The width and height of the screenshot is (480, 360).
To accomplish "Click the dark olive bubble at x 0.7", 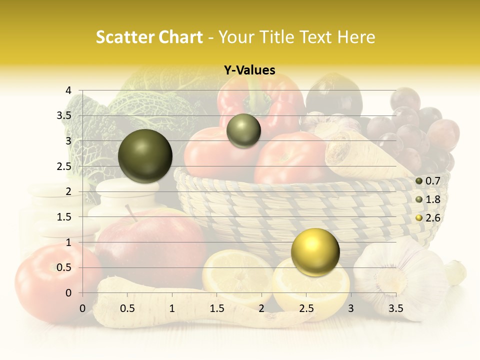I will [145, 156].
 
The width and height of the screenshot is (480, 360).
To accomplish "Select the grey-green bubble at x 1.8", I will [243, 130].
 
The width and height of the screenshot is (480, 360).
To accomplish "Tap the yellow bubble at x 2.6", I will [315, 252].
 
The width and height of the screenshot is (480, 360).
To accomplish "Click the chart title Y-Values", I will [249, 70].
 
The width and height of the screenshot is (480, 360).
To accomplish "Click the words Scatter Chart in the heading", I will [149, 36].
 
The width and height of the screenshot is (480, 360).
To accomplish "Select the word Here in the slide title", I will [356, 36].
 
